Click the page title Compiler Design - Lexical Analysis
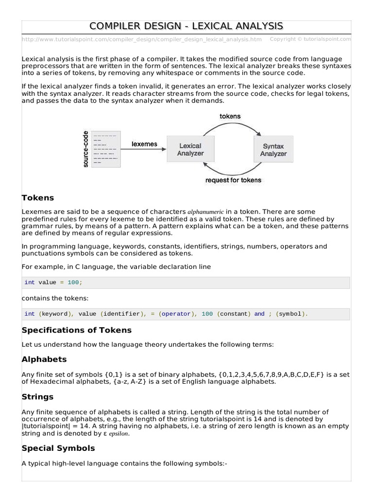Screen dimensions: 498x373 [x=186, y=26]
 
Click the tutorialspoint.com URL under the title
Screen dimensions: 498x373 [x=142, y=39]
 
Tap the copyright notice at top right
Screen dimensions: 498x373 [x=310, y=39]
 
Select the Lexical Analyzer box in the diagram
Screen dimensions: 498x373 [x=190, y=149]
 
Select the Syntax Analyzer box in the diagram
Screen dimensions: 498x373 [x=273, y=149]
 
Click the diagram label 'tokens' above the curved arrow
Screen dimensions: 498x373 [x=230, y=116]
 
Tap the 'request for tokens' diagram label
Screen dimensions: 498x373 [x=233, y=180]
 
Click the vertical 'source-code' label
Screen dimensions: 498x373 [x=85, y=149]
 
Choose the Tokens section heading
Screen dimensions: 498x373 [x=38, y=198]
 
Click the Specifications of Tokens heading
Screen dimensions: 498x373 [x=77, y=330]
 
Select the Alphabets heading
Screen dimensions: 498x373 [x=44, y=359]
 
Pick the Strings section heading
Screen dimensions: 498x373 [x=37, y=396]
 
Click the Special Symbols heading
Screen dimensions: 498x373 [x=58, y=448]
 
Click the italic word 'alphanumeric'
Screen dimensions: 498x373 [x=205, y=212]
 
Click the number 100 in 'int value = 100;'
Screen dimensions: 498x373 [x=73, y=283]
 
